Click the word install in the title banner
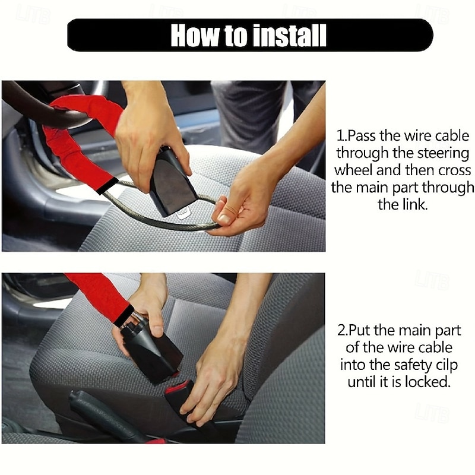pos(287,35)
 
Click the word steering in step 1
pos(441,153)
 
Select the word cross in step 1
pos(454,170)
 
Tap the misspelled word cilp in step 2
pos(442,365)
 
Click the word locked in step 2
pos(426,382)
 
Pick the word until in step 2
pos(363,382)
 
